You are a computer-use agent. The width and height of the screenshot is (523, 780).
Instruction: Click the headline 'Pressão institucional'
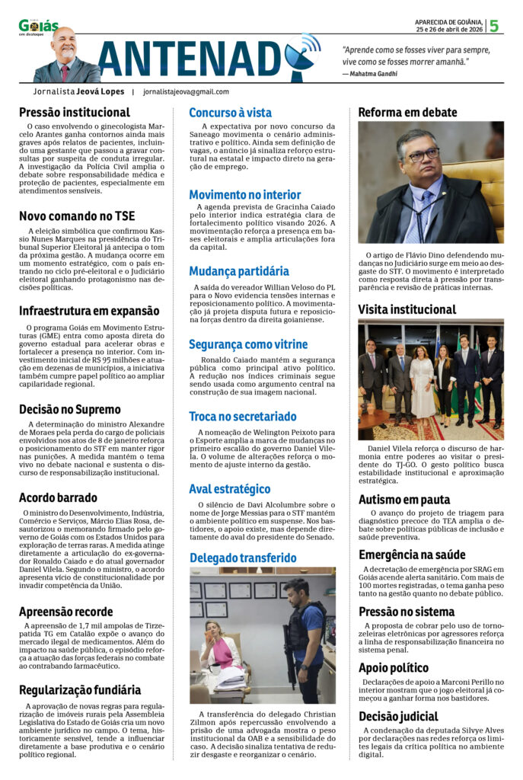pyautogui.click(x=75, y=113)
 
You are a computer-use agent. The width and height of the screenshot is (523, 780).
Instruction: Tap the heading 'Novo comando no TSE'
pyautogui.click(x=77, y=216)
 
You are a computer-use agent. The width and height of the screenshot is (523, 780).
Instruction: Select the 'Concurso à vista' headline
pyautogui.click(x=230, y=112)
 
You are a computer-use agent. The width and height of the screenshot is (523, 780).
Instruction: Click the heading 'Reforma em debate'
pyautogui.click(x=407, y=112)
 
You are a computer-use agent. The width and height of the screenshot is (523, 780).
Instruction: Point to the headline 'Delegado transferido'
pyautogui.click(x=243, y=558)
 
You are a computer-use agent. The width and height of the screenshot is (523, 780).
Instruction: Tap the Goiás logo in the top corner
pyautogui.click(x=38, y=27)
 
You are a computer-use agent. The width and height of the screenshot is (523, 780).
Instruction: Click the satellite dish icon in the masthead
pyautogui.click(x=302, y=55)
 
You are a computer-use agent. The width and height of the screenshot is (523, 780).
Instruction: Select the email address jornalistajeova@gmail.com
pyautogui.click(x=186, y=91)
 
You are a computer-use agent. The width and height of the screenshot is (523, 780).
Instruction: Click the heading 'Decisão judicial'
pyautogui.click(x=398, y=716)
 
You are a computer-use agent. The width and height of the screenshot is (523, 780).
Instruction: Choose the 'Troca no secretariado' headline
pyautogui.click(x=243, y=417)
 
